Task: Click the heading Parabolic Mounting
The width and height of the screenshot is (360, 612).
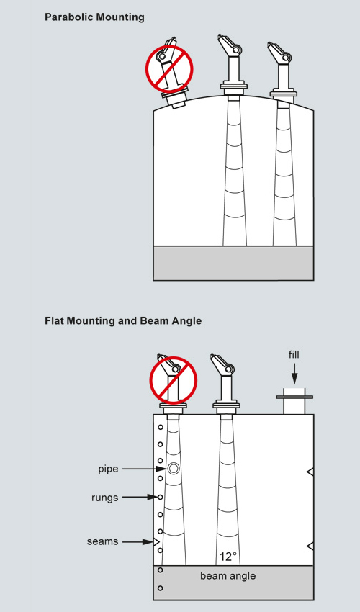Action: click(x=94, y=17)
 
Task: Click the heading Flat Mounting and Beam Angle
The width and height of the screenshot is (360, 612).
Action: click(x=123, y=321)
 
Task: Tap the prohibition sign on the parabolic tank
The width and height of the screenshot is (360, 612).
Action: click(x=169, y=68)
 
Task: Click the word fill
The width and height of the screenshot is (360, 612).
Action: click(x=294, y=354)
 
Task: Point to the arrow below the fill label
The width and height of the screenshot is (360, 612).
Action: click(x=294, y=374)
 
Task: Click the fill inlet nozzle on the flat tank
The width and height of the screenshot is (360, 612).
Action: click(x=294, y=401)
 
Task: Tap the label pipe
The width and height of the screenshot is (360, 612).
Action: click(x=108, y=469)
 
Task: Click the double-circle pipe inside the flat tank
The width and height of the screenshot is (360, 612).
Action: click(x=174, y=468)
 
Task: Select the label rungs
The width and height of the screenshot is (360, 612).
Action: click(x=104, y=498)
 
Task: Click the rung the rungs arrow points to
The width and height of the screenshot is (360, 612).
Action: click(x=160, y=497)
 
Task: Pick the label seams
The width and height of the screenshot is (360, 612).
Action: click(x=103, y=541)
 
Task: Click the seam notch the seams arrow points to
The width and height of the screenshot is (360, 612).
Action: click(x=156, y=541)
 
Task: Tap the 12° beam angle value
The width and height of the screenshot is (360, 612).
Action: click(x=228, y=557)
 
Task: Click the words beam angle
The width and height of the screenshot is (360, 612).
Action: click(x=228, y=576)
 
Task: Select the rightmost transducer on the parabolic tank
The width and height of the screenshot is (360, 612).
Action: click(x=282, y=73)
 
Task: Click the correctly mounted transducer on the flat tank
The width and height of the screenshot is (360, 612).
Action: click(x=225, y=387)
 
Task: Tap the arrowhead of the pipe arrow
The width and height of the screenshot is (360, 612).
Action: click(x=161, y=469)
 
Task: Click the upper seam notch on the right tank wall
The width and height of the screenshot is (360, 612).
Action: click(x=310, y=472)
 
